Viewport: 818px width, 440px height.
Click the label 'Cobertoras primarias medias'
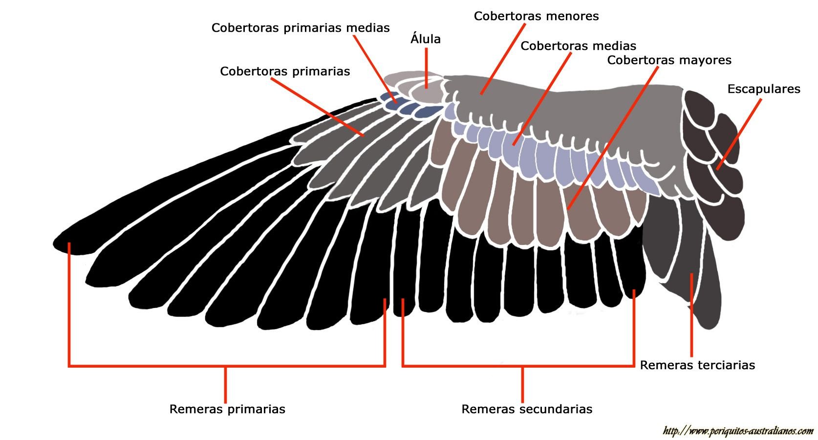pos(300,28)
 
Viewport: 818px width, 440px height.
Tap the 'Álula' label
pos(426,39)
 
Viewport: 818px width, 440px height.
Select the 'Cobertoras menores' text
pos(536,16)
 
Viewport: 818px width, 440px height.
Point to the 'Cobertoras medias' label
pos(578,46)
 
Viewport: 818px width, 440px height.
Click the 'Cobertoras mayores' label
pos(669,60)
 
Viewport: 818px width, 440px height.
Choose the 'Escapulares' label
pos(763,89)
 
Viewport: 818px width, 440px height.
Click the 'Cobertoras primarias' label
pos(285,71)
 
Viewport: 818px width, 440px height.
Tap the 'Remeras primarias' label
pos(227,409)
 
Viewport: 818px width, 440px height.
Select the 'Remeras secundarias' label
pos(527,409)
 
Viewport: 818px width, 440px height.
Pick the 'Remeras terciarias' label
pos(697,365)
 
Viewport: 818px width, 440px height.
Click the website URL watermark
pos(738,431)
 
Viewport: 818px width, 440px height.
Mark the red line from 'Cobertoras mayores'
pos(611,137)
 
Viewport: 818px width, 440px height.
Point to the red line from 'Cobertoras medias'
pos(542,98)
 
